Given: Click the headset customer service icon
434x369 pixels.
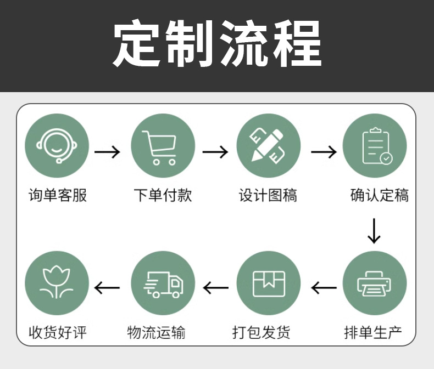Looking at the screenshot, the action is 57,145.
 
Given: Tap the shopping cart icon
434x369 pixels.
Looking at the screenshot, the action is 163,145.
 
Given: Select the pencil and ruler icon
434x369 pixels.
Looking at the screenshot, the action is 269,145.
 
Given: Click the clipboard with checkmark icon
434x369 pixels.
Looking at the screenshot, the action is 375,145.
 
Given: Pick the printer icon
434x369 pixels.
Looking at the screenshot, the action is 375,283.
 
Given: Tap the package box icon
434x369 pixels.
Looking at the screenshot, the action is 269,283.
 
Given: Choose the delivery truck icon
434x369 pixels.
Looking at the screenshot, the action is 163,283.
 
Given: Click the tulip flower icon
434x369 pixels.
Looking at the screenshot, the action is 57,283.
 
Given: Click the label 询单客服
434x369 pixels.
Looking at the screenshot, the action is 58,195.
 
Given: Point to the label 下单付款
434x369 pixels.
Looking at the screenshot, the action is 163,195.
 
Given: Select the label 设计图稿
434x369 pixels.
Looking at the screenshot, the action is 268,195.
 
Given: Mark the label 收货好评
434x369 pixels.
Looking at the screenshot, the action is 58,332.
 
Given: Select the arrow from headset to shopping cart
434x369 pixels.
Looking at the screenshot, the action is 107,151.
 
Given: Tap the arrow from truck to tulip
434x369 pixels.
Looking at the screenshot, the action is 107,287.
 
